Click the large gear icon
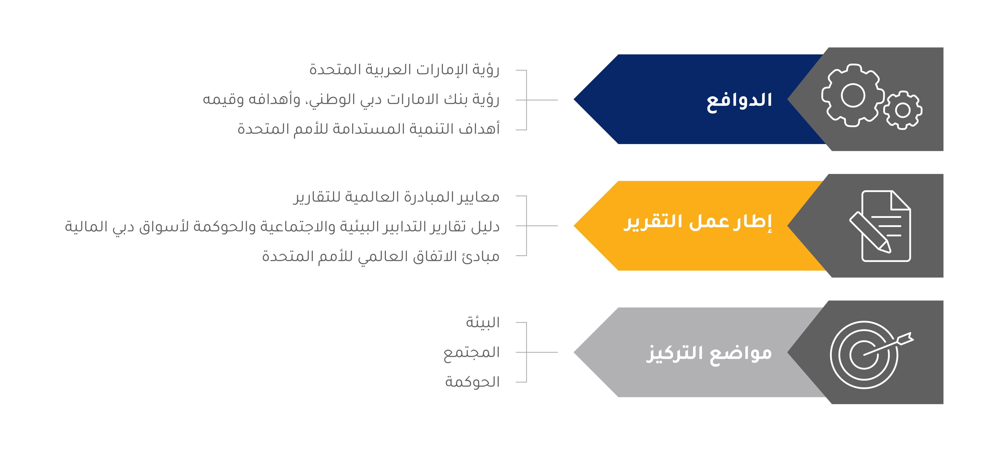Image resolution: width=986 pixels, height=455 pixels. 853,95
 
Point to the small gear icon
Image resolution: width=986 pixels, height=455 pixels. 903,110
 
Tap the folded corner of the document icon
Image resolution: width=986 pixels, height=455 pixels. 900,200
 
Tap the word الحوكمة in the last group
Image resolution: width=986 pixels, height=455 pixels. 472,382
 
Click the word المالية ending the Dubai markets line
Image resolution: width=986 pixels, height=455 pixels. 86,226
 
